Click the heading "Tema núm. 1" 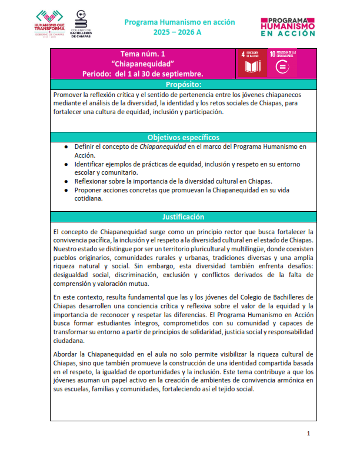point(143,54)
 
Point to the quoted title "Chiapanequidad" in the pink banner point(143,64)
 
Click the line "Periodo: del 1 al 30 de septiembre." point(143,74)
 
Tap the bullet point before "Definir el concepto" point(66,147)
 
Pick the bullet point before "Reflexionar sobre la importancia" point(66,181)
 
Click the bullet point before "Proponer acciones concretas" point(66,190)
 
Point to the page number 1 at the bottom point(308,434)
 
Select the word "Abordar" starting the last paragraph point(66,354)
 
